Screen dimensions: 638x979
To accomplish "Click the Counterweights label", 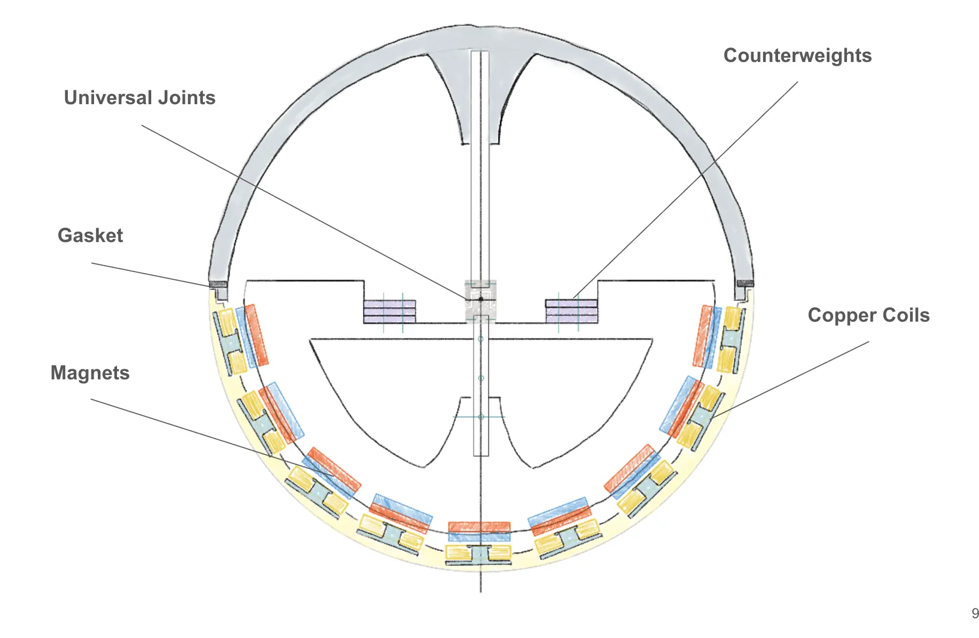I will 797,56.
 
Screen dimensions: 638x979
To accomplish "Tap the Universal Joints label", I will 139,98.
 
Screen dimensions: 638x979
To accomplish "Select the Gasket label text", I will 90,236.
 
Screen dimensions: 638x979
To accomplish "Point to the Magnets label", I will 90,373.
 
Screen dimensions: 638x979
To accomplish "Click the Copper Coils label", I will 868,315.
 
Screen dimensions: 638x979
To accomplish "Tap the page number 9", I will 975,613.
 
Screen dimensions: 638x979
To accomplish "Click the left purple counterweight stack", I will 389,312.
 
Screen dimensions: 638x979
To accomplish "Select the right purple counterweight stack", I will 571,312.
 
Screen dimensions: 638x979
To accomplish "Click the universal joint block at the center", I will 480,301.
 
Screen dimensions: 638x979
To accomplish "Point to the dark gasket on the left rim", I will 218,284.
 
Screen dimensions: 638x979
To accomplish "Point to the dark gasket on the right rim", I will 744,283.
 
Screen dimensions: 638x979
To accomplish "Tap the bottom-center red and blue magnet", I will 479,532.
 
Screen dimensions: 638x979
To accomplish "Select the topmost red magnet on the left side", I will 256,335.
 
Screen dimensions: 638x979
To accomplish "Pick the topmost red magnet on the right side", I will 703,336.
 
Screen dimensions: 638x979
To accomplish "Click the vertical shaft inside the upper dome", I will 480,160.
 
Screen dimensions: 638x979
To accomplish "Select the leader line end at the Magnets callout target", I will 335,476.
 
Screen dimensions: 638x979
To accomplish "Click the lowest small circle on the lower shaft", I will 481,417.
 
